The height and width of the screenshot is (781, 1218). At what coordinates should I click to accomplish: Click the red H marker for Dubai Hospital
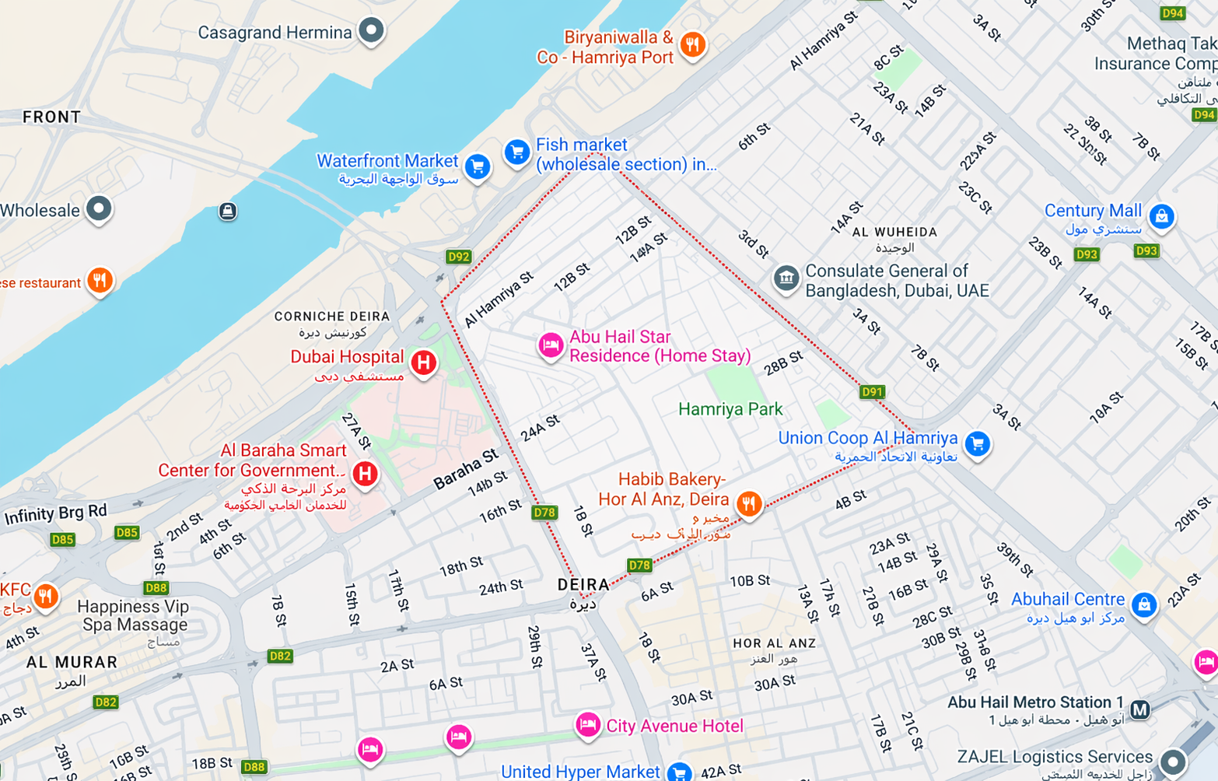tap(423, 362)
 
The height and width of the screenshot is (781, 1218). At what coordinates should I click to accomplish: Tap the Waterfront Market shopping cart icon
tap(478, 166)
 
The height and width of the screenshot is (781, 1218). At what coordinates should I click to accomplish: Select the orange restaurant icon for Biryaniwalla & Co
tap(692, 44)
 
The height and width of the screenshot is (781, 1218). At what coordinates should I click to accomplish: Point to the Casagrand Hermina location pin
tap(371, 30)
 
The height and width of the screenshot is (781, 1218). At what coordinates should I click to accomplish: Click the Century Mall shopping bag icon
tap(1161, 215)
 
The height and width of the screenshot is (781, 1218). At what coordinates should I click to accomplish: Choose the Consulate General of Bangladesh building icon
tap(786, 278)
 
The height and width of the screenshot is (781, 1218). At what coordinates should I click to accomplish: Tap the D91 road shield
tap(872, 391)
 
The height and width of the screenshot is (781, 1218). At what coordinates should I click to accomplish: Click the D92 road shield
tap(458, 257)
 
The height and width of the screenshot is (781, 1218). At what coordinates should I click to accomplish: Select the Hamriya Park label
tap(730, 409)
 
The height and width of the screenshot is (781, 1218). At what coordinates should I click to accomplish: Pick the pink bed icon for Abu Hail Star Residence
tap(551, 344)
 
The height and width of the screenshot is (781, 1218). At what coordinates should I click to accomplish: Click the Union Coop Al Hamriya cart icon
tap(977, 443)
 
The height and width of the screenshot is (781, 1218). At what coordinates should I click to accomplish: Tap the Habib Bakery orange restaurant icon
tap(748, 503)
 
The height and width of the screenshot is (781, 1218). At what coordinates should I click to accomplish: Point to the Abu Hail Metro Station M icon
tap(1139, 709)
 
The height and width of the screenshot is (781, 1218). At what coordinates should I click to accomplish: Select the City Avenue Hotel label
tap(674, 726)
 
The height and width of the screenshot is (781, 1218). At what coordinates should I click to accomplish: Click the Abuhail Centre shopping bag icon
tap(1143, 604)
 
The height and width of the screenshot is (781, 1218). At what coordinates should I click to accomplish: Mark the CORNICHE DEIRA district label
tap(332, 317)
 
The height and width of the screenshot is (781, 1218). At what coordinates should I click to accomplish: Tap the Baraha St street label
tap(465, 469)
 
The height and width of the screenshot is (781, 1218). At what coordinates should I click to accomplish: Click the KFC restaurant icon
tap(46, 597)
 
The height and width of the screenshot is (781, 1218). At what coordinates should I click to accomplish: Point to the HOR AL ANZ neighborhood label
tap(774, 643)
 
